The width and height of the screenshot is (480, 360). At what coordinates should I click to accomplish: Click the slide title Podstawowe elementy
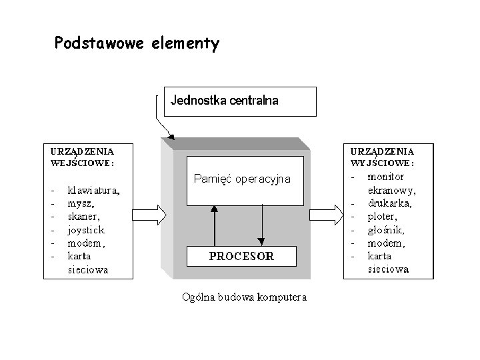pos(137,44)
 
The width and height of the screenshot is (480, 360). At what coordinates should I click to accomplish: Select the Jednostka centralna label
pos(225,101)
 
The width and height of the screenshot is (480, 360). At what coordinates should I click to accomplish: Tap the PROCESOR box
pos(241,256)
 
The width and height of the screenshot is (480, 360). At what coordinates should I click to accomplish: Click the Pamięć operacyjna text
pos(241,179)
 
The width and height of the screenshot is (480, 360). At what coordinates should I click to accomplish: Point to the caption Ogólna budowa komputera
pos(245,297)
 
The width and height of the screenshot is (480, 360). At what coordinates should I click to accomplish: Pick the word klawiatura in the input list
pos(93,190)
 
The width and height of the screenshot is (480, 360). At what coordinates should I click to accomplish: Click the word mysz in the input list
pos(81,203)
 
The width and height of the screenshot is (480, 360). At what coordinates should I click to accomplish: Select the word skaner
pos(83,217)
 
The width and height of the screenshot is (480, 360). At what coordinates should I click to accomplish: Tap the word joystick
pos(86,230)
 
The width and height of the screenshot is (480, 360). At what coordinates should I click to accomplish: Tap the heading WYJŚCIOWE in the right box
pos(382,162)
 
